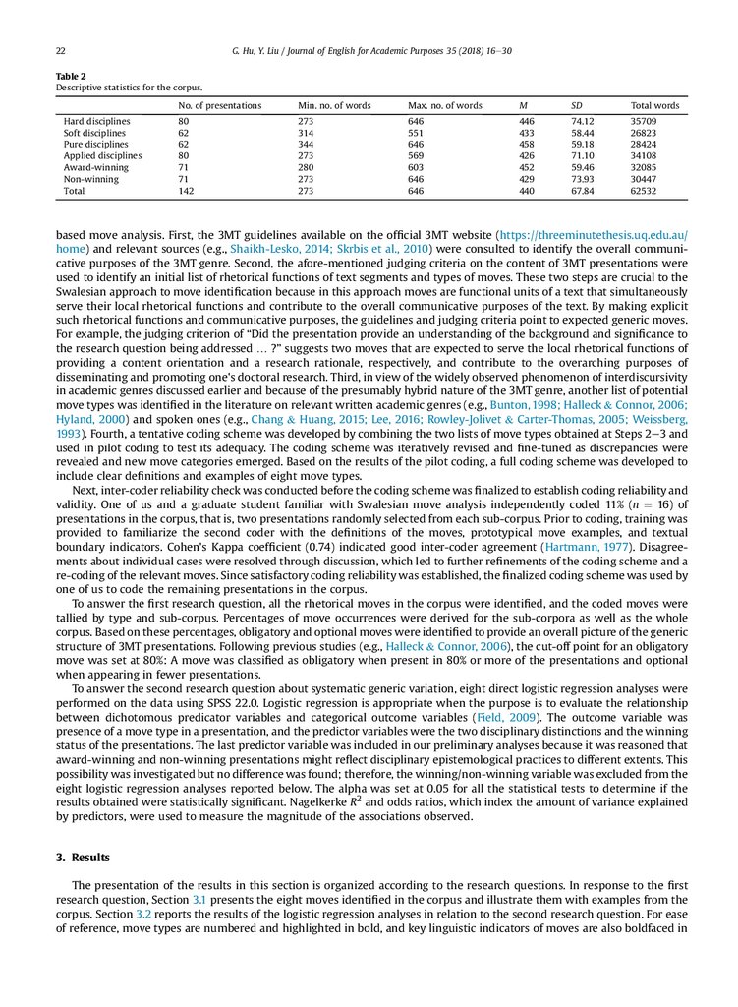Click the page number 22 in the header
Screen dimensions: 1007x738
[61, 50]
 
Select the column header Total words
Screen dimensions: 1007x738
[654, 105]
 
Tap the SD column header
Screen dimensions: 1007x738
[577, 105]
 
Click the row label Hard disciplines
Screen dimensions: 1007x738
[94, 121]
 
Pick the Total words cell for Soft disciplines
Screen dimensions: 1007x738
[649, 133]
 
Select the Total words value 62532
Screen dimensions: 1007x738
[649, 192]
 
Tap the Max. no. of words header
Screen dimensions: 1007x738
[445, 105]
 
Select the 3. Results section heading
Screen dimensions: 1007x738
[85, 858]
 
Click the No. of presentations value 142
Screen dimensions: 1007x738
[187, 192]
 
